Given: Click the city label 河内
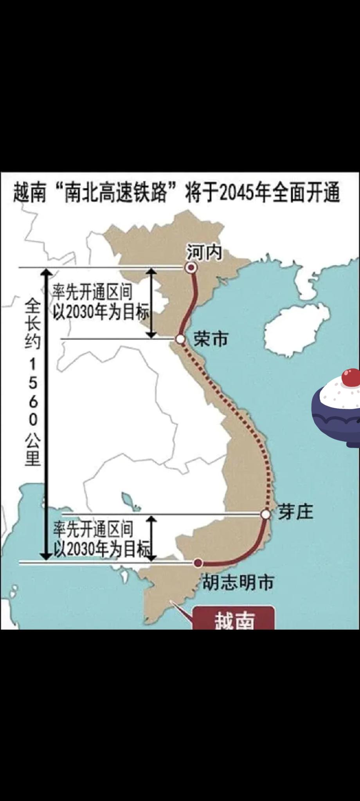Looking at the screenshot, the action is click(x=204, y=252).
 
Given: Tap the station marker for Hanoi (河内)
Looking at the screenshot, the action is click(x=191, y=268).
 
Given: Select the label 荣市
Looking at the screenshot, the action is click(x=211, y=339).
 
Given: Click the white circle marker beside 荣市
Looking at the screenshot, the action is click(x=180, y=339).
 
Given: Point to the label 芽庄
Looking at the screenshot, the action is click(x=296, y=512).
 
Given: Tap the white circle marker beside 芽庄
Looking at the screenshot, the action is click(x=266, y=514).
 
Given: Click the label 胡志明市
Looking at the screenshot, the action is click(x=238, y=582).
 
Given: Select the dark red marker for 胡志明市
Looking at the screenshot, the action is click(x=198, y=563).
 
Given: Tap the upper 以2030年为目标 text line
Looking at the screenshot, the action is click(x=102, y=313).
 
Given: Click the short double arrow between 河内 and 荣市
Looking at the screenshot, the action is click(x=151, y=303).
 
